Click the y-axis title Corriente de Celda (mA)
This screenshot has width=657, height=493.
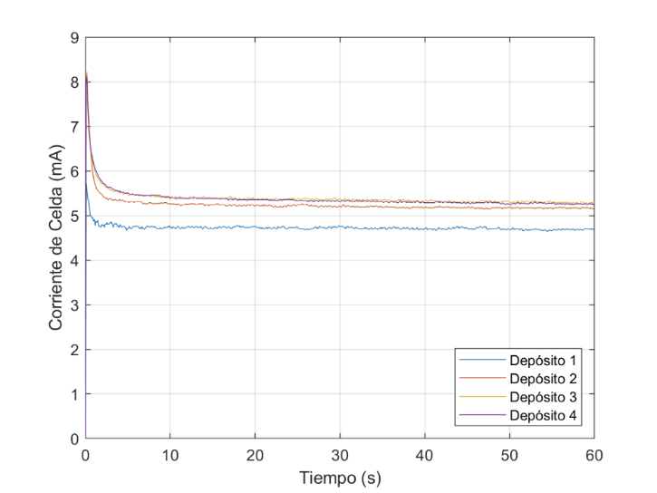(x=56, y=238)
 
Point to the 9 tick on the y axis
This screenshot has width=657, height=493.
(x=73, y=38)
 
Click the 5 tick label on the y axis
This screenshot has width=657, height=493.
(x=73, y=217)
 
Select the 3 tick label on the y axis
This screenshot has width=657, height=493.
(x=73, y=305)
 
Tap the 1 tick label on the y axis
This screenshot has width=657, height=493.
(x=73, y=395)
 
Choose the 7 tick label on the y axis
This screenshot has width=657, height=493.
(x=73, y=127)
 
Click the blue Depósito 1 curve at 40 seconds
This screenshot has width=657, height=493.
(x=424, y=228)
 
